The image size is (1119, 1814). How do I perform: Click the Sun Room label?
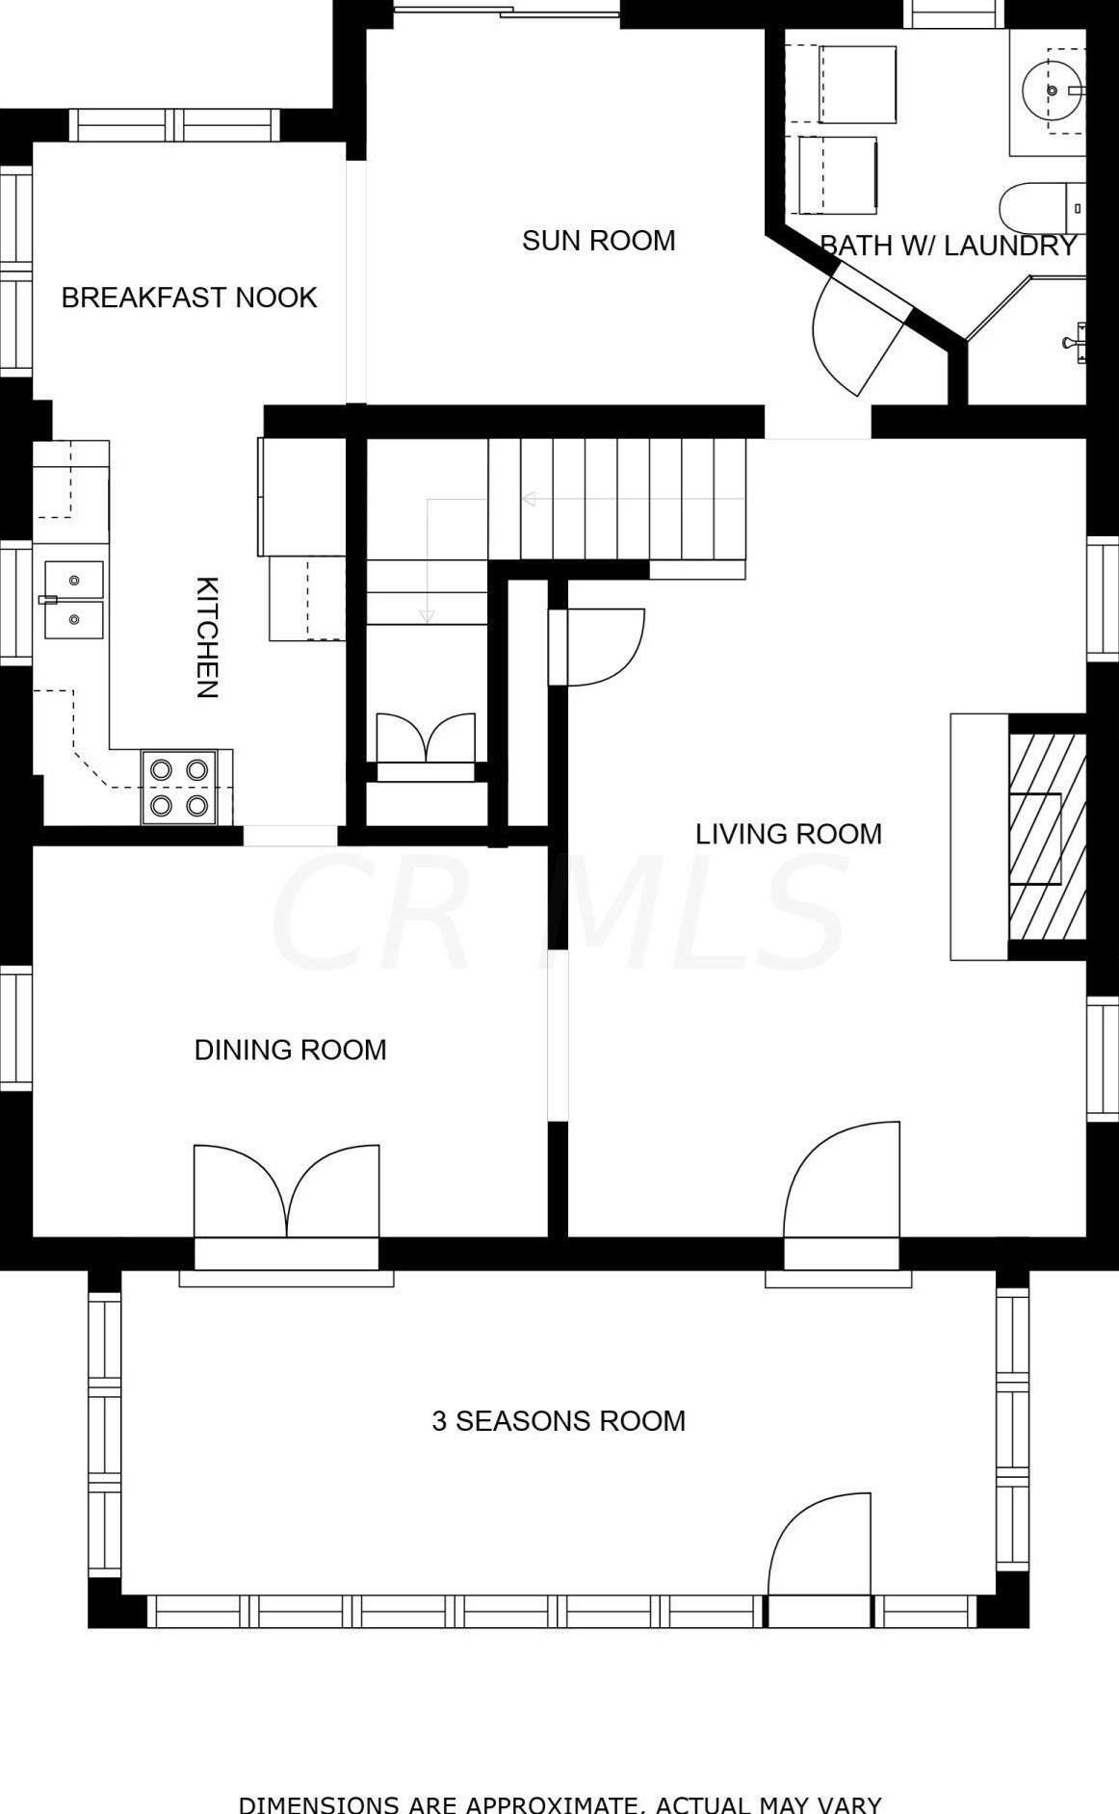(598, 240)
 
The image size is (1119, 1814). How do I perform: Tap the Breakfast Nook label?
(189, 298)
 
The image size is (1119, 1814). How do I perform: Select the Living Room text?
(789, 834)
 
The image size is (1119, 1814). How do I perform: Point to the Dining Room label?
(290, 1050)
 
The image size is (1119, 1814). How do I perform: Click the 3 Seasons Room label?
(559, 1421)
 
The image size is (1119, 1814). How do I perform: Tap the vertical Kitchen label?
(207, 637)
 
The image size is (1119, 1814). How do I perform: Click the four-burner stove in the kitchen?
(179, 787)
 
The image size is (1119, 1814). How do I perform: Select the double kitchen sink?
(73, 600)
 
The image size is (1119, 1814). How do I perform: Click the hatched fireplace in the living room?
(1048, 837)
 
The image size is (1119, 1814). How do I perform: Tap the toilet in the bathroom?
(1042, 207)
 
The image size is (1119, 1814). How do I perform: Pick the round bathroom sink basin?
(1053, 90)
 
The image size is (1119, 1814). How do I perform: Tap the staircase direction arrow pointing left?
(528, 499)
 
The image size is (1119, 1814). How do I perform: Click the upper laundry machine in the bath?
(857, 84)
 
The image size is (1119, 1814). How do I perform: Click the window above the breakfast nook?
(174, 125)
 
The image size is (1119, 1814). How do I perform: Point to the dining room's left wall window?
(15, 1028)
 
